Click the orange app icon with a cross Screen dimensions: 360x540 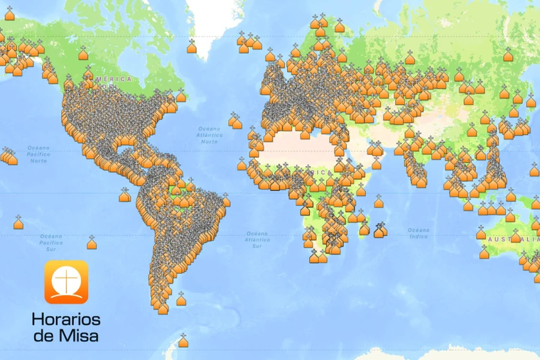(67, 282)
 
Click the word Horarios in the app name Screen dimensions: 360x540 (66, 319)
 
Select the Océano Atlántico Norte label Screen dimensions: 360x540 (210, 134)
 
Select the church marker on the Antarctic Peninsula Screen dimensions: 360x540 (183, 342)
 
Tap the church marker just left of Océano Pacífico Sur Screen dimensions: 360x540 (18, 223)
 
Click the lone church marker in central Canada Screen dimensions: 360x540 (83, 53)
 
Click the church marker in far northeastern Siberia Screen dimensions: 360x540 (508, 55)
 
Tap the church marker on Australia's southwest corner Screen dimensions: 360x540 (484, 253)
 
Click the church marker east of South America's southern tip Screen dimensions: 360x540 (181, 299)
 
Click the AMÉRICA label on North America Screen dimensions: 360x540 (114, 78)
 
